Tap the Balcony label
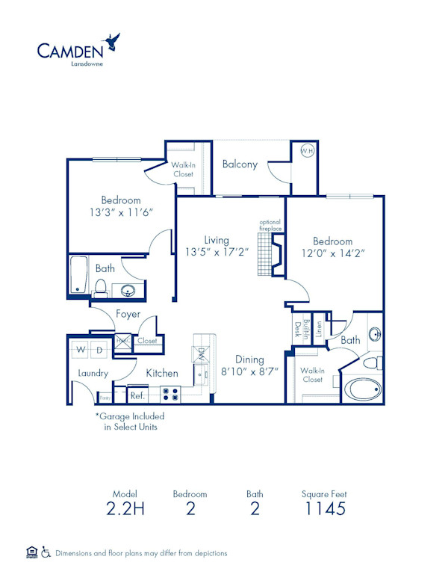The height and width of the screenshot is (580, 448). (240, 164)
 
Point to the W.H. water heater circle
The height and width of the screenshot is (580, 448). (307, 150)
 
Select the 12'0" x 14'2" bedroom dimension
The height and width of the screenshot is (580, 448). (332, 254)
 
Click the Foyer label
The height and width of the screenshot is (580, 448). (128, 315)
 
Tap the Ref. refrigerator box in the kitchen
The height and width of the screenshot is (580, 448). (137, 395)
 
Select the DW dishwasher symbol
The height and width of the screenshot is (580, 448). (202, 352)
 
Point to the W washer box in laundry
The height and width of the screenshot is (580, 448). (82, 348)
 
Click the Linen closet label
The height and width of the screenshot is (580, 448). (319, 328)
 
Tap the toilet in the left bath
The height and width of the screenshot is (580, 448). (99, 286)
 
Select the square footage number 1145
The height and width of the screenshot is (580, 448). (324, 510)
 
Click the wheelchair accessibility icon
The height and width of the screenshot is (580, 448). (46, 552)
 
